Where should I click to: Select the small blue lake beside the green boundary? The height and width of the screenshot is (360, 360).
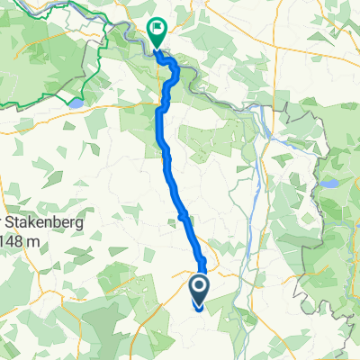pyautogui.click(x=76, y=103)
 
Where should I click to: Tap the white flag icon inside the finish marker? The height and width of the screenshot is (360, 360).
pyautogui.click(x=158, y=29)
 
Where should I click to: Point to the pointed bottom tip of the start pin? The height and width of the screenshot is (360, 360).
pyautogui.click(x=199, y=307)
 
